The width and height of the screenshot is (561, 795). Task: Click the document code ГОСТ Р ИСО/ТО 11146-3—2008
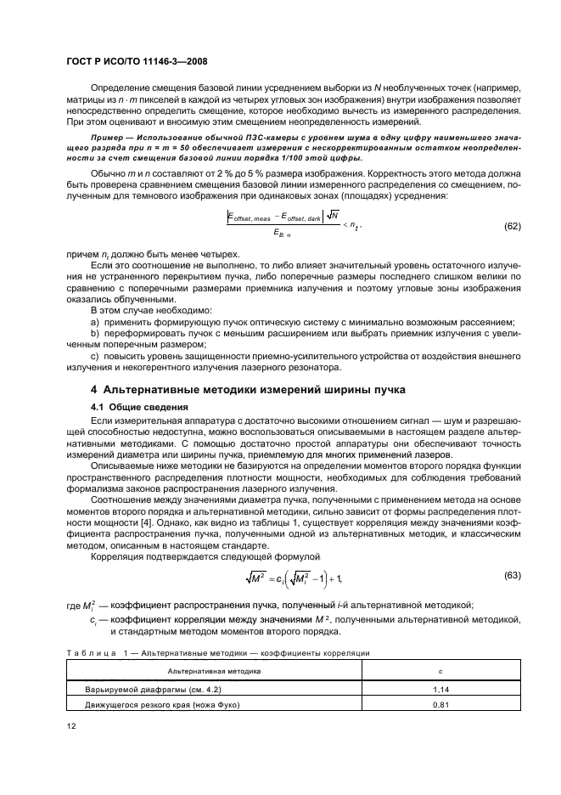(x=137, y=62)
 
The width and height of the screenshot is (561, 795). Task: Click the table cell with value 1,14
(x=439, y=690)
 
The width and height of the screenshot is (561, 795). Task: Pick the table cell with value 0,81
(x=439, y=705)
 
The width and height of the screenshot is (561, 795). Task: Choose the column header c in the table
(x=439, y=671)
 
